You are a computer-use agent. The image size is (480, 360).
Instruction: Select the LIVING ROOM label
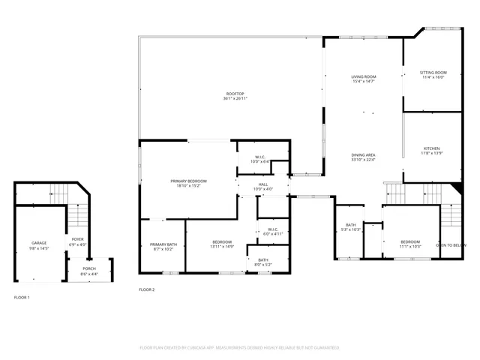(x=364, y=76)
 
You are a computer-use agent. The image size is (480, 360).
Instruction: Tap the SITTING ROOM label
(x=433, y=73)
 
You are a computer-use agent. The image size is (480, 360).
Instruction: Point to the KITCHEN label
(x=432, y=148)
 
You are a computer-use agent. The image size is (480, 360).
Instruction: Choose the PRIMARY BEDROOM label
(x=188, y=181)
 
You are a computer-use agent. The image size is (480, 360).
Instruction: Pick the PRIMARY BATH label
(x=163, y=244)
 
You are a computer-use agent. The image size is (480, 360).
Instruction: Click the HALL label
(x=263, y=184)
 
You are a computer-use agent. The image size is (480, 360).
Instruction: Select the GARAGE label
(x=39, y=243)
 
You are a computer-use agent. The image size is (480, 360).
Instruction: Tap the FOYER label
(x=78, y=240)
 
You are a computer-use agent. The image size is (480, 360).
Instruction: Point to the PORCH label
(x=89, y=269)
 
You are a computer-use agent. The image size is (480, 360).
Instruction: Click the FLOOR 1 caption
(x=22, y=298)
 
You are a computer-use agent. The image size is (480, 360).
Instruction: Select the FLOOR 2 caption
(x=147, y=289)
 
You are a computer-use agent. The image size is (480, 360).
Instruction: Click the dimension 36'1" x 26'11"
(x=235, y=99)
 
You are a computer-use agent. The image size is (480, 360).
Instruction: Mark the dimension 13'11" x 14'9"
(x=223, y=247)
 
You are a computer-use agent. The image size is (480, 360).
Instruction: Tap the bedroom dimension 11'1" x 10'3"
(x=410, y=247)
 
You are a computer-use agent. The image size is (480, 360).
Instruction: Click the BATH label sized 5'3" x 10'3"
(x=351, y=225)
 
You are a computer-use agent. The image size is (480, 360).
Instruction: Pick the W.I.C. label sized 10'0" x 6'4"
(x=259, y=157)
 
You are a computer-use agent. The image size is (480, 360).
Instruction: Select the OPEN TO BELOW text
(x=451, y=245)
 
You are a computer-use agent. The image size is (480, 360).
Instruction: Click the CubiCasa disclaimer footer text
(x=240, y=348)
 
